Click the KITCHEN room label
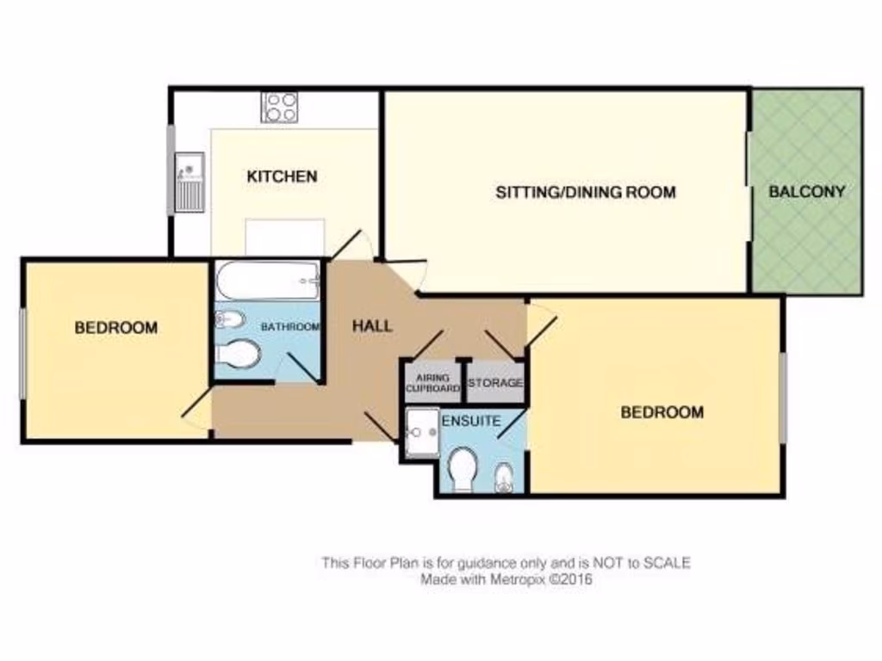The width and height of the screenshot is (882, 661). click(282, 176)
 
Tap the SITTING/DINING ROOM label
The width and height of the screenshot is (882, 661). click(585, 192)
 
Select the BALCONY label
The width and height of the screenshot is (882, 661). click(806, 192)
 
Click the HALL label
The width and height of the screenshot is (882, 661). click(372, 326)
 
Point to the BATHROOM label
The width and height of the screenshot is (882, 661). click(290, 327)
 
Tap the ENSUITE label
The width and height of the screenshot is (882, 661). click(470, 422)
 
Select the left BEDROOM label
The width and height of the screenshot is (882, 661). click(115, 327)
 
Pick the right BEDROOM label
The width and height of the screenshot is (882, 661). click(661, 412)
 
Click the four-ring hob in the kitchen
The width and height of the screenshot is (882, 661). click(280, 108)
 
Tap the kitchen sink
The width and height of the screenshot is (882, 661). click(189, 182)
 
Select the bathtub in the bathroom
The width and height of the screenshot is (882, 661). click(268, 280)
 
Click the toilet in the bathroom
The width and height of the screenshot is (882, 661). click(238, 353)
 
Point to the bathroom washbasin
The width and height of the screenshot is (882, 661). click(229, 320)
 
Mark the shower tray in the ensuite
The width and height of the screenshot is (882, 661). click(423, 423)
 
